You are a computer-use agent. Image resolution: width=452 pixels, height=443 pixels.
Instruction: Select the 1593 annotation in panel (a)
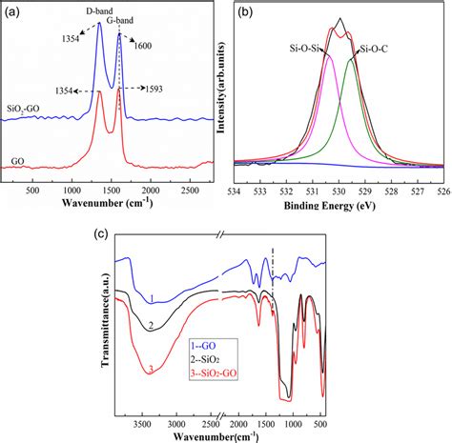(x=158, y=89)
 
